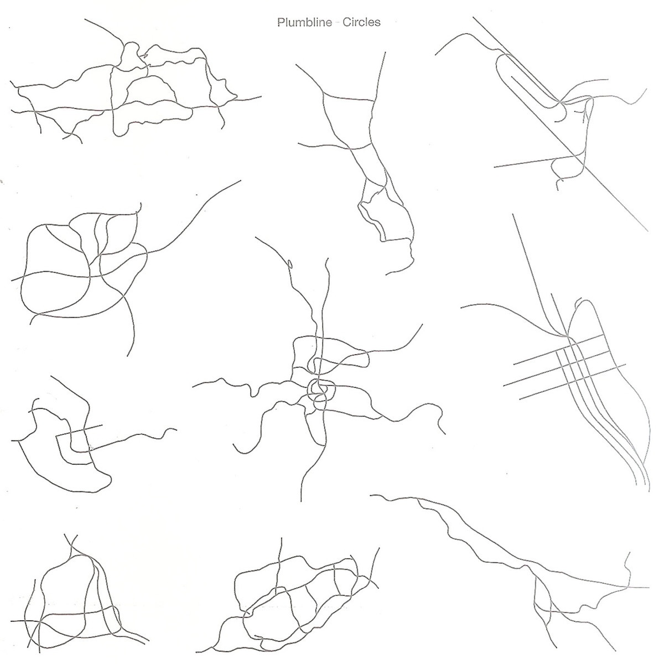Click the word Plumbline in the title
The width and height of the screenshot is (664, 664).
click(x=304, y=23)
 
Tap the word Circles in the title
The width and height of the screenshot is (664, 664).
click(x=361, y=22)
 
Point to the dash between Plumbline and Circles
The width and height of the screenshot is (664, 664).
click(x=338, y=23)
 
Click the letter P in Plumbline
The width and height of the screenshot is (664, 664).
click(x=281, y=23)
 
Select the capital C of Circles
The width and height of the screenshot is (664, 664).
click(x=346, y=22)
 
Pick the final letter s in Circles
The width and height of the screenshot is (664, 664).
click(x=378, y=23)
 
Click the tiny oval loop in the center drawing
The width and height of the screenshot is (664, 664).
click(x=290, y=263)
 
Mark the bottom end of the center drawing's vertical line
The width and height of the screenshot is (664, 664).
click(x=301, y=501)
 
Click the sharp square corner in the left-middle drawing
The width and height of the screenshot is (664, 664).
click(x=56, y=437)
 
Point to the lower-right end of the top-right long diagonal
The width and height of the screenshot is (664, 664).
click(x=648, y=231)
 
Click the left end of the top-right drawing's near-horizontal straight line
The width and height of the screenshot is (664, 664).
click(x=495, y=168)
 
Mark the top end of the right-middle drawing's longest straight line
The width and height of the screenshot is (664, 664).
click(x=513, y=214)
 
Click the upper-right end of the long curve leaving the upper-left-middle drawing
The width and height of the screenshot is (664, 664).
click(x=241, y=180)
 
